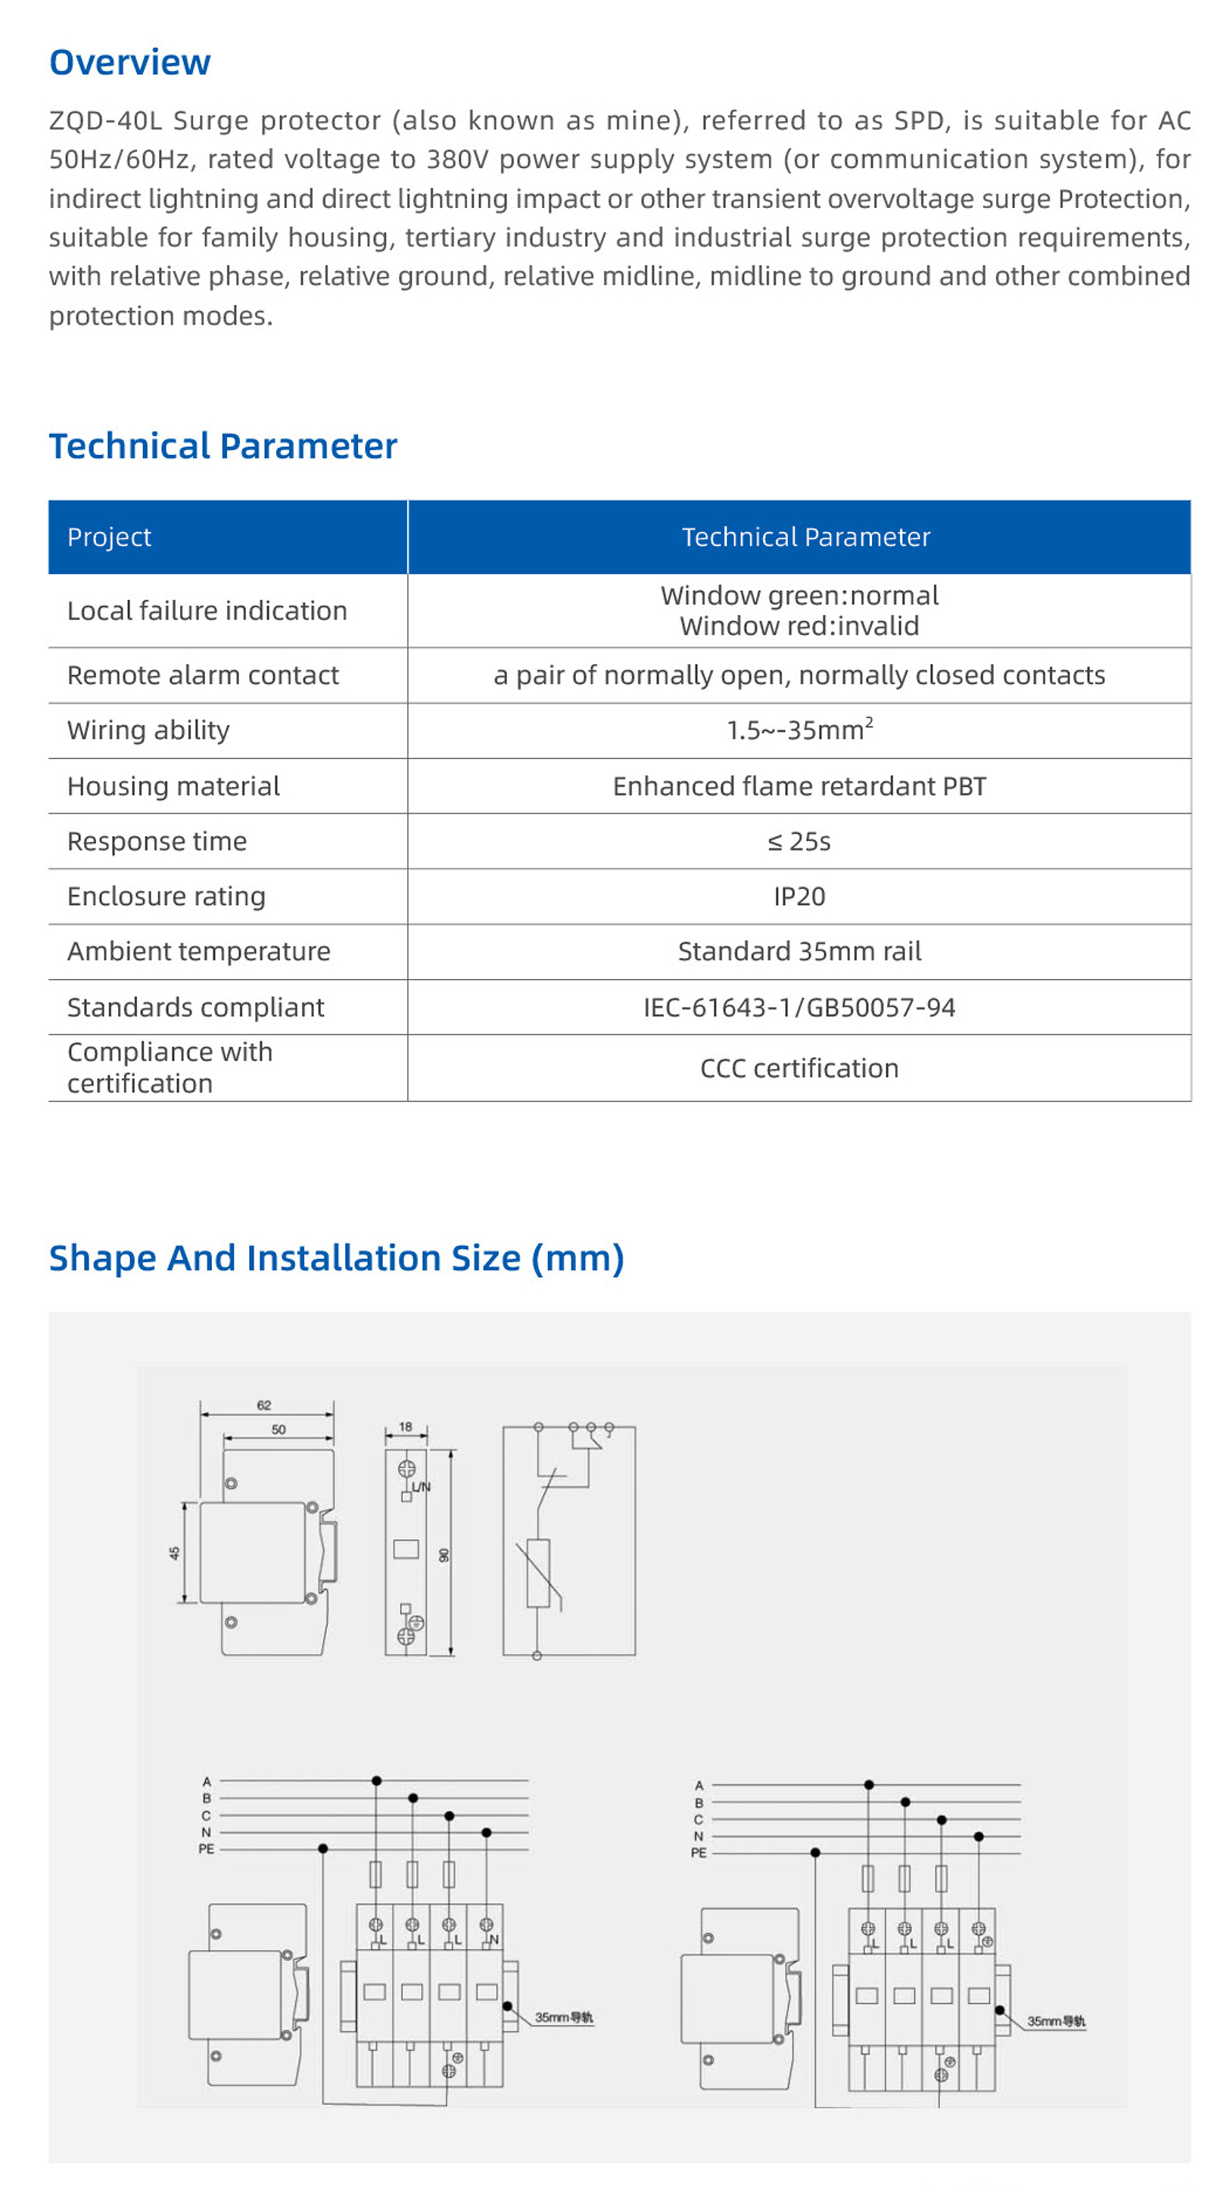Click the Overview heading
click(130, 62)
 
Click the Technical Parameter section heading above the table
click(223, 446)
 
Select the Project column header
click(109, 537)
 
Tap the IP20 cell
click(799, 897)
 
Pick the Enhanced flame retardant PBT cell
click(799, 786)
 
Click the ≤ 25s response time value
click(799, 841)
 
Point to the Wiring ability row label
click(148, 730)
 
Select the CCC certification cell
click(799, 1068)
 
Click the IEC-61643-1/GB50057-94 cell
click(799, 1007)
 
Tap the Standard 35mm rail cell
click(799, 952)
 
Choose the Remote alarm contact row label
click(202, 675)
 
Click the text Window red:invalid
click(799, 627)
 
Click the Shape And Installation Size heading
click(336, 1258)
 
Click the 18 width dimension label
click(406, 1427)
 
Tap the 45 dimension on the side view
click(174, 1553)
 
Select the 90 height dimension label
click(444, 1555)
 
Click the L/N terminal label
click(421, 1487)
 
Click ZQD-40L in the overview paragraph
click(105, 120)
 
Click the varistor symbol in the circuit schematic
click(538, 1573)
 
